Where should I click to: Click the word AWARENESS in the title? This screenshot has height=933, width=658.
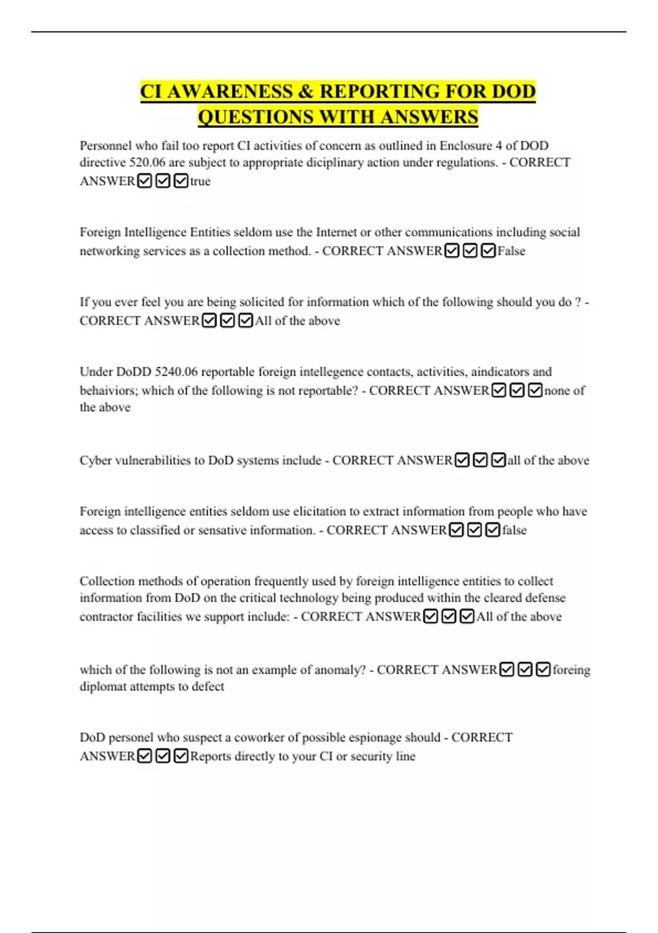point(230,91)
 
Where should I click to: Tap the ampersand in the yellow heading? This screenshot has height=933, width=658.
point(305,91)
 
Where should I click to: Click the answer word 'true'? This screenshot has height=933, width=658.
point(200,181)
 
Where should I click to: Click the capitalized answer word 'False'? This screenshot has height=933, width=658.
point(511,251)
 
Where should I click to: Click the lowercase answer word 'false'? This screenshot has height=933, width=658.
point(514,530)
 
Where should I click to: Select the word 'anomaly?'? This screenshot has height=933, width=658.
point(339,670)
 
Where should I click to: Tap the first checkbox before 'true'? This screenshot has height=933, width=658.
point(145,181)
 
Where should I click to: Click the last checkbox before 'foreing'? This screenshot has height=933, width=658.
point(543,670)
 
